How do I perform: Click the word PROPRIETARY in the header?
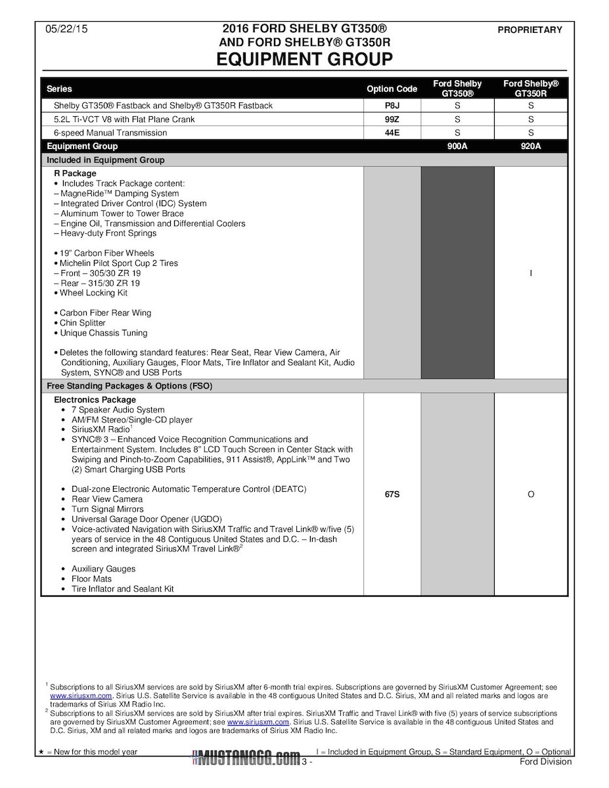(530, 30)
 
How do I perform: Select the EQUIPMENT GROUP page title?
(304, 60)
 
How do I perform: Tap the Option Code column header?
(392, 89)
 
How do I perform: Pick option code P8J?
(392, 106)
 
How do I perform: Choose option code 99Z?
(392, 120)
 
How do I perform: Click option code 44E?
(392, 133)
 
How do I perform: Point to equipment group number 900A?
(457, 146)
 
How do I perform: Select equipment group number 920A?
(530, 146)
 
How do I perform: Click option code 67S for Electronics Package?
(392, 494)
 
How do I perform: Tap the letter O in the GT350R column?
(530, 494)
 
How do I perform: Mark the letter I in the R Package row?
(530, 273)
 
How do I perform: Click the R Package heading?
(75, 173)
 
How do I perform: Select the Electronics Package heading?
(95, 399)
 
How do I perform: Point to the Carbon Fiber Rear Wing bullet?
(103, 313)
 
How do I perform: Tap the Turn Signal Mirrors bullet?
(107, 509)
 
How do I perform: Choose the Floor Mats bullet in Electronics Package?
(91, 579)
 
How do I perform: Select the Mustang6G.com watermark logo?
(245, 759)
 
